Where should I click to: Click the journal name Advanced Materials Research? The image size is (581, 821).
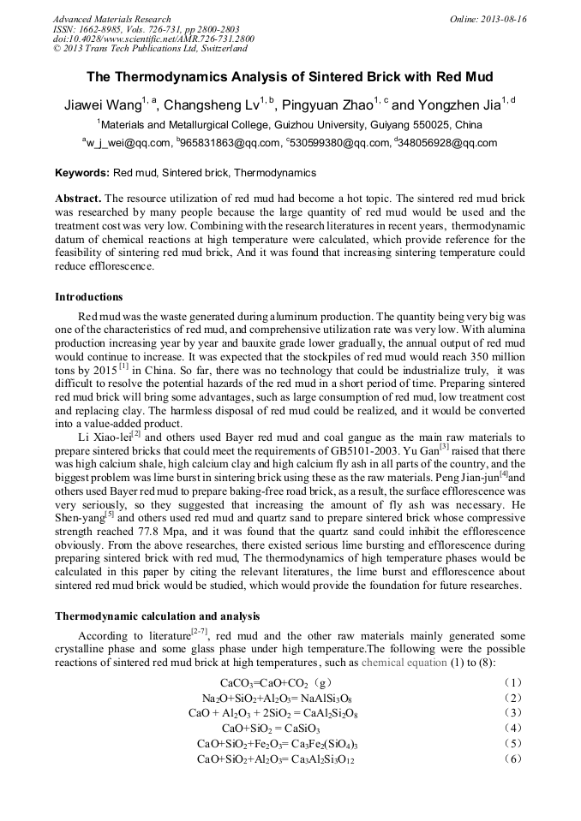111,19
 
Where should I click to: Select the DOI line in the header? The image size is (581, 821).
153,39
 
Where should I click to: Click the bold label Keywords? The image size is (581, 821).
82,172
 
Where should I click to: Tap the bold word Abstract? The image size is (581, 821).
79,198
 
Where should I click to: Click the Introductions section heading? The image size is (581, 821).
89,297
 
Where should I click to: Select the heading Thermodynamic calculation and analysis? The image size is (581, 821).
158,616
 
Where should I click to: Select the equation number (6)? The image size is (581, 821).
512,759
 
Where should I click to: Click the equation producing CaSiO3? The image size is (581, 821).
271,729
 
